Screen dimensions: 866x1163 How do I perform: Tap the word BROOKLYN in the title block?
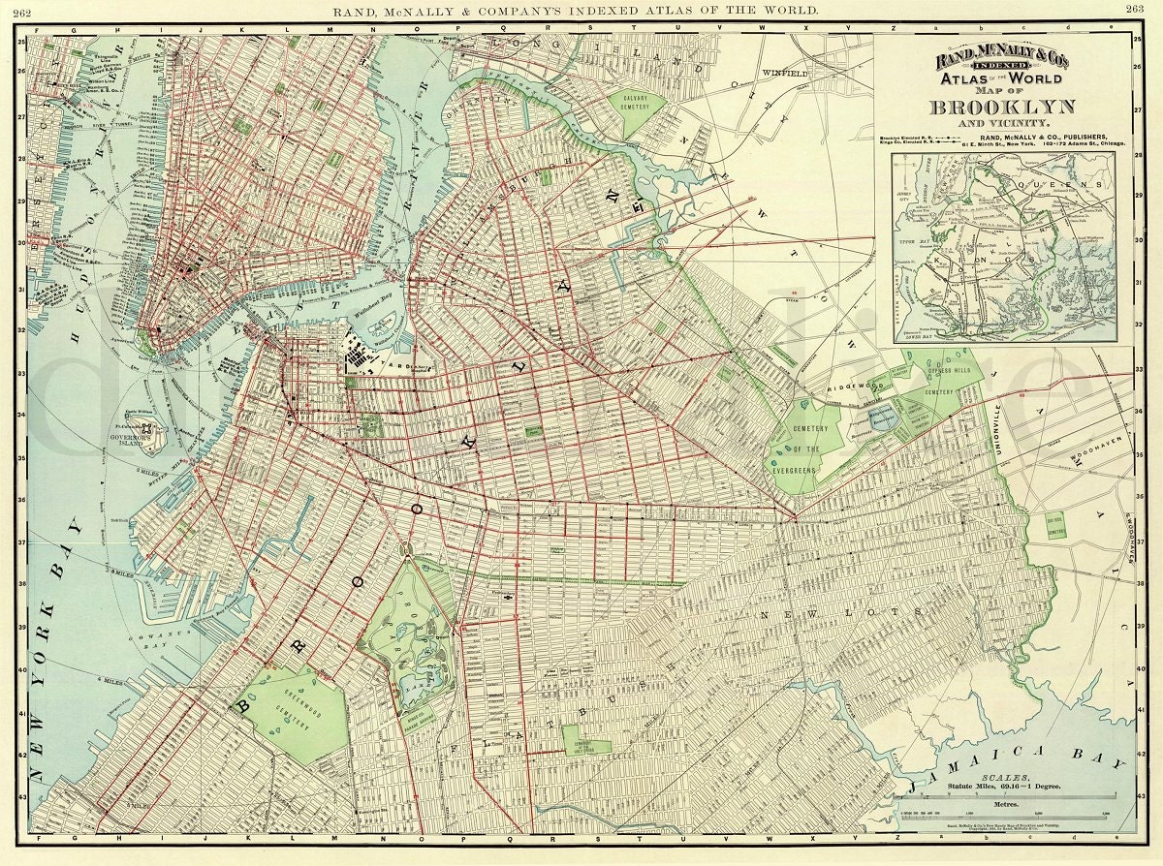click(1002, 107)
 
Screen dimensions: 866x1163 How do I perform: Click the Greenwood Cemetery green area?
click(291, 712)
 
